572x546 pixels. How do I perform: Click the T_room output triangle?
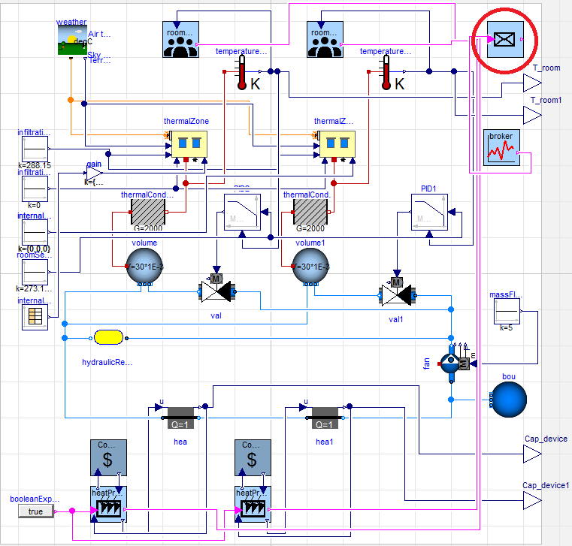click(532, 83)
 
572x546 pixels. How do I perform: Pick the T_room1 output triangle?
click(532, 114)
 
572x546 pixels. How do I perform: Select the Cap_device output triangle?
click(532, 454)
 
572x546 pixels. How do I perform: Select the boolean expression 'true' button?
click(36, 511)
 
